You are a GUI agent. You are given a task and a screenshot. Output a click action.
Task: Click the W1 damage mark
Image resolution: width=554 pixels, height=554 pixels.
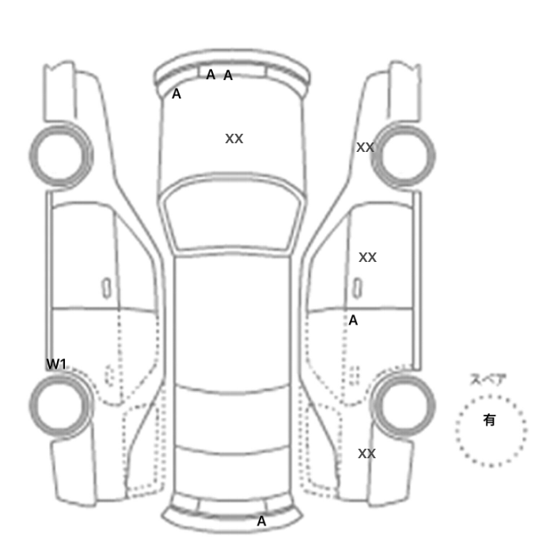(x=56, y=364)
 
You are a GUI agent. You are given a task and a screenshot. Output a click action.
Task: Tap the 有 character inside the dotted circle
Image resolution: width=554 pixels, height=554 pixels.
(x=489, y=419)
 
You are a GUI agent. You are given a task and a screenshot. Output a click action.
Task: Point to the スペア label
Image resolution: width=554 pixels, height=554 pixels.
(x=488, y=379)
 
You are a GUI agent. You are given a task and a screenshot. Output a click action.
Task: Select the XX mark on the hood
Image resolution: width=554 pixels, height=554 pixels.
(x=234, y=138)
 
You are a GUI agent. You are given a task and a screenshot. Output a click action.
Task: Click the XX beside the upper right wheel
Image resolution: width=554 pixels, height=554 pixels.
(x=366, y=147)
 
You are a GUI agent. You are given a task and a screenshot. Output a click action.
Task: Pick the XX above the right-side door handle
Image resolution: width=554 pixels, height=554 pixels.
(x=367, y=257)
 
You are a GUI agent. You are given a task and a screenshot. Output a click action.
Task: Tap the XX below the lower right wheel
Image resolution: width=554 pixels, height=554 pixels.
(x=366, y=453)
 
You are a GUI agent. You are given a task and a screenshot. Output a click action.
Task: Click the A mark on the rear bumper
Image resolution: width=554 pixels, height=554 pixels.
(x=261, y=521)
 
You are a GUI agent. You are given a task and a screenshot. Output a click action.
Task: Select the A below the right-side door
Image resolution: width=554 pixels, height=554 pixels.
(x=353, y=320)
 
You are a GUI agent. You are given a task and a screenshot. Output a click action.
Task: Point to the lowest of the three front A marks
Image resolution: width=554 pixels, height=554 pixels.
(x=176, y=93)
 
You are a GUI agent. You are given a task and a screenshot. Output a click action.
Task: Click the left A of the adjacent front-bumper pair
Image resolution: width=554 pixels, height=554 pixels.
(x=211, y=74)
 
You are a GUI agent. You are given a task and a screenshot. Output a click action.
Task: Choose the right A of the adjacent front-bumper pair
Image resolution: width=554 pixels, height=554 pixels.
(x=228, y=75)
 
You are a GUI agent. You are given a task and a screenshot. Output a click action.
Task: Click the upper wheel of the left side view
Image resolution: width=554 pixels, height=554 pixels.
(x=61, y=156)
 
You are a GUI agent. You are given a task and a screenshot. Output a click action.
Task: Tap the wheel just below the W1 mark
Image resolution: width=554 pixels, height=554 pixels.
(x=61, y=406)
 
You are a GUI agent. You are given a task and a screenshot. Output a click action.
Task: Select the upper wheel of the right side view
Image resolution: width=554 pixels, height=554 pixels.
(x=404, y=156)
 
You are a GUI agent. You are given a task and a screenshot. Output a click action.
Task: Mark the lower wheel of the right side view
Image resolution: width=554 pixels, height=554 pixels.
(x=404, y=406)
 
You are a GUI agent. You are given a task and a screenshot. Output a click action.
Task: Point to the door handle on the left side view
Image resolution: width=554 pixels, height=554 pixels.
(x=106, y=288)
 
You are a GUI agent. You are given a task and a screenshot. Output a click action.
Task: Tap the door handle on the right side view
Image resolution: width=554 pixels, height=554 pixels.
(x=358, y=288)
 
